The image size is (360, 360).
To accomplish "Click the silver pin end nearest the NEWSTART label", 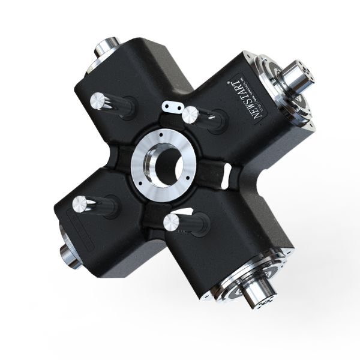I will pos(191,114).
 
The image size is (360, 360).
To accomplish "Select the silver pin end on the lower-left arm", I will pos(81,205).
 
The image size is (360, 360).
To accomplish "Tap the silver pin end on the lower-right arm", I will pos(172,223).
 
